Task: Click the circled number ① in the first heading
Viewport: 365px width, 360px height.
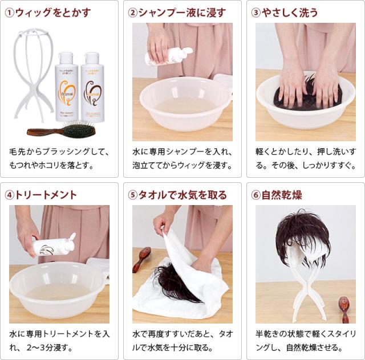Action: click(9, 13)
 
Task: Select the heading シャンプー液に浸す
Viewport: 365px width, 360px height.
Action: click(182, 13)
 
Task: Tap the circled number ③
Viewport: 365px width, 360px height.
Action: click(256, 13)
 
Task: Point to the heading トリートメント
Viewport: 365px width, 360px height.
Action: click(46, 195)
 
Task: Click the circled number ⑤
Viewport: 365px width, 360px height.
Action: click(133, 195)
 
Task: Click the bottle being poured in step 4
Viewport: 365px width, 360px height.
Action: click(55, 246)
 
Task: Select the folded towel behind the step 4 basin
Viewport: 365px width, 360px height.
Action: click(98, 265)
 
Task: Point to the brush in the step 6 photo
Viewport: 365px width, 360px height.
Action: click(344, 308)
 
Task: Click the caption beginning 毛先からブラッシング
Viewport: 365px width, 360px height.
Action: click(59, 159)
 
